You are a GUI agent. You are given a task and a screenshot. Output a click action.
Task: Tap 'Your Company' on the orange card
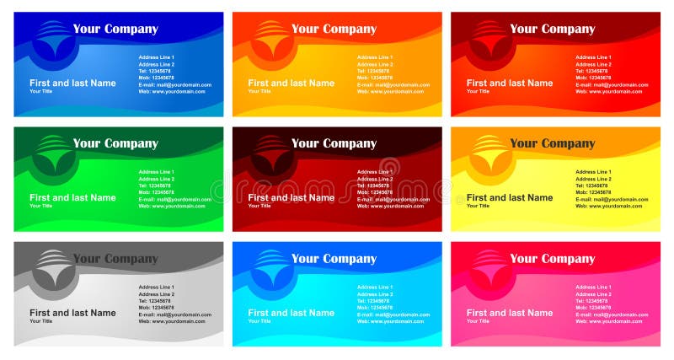tap(334, 29)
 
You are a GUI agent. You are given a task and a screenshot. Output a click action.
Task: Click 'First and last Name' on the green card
tap(72, 198)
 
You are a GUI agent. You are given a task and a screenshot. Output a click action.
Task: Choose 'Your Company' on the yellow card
tap(552, 143)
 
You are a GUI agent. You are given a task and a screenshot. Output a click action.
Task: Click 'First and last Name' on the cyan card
tap(291, 313)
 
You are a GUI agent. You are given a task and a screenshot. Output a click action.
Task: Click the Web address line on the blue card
tap(172, 91)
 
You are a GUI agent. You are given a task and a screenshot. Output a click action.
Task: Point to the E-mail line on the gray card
tap(174, 314)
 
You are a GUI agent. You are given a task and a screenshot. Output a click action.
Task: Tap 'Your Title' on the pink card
tap(478, 321)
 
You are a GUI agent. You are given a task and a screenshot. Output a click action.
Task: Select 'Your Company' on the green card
tap(115, 143)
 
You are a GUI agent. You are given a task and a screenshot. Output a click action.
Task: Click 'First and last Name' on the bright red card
tap(510, 83)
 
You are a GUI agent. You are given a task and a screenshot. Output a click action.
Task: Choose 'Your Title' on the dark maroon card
tap(259, 206)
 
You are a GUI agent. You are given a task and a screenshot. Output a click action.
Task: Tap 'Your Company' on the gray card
tap(115, 259)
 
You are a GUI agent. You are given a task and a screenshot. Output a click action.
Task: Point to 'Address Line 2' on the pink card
tap(593, 294)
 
